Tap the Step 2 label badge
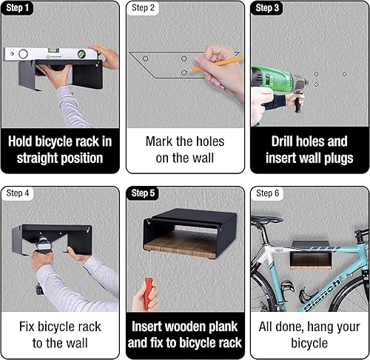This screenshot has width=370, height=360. [144, 8]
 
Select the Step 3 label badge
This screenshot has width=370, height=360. [267, 8]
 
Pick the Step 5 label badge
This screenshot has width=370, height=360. [144, 193]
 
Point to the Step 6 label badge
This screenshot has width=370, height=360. [267, 193]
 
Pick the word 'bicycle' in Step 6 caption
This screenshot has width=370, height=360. [307, 342]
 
